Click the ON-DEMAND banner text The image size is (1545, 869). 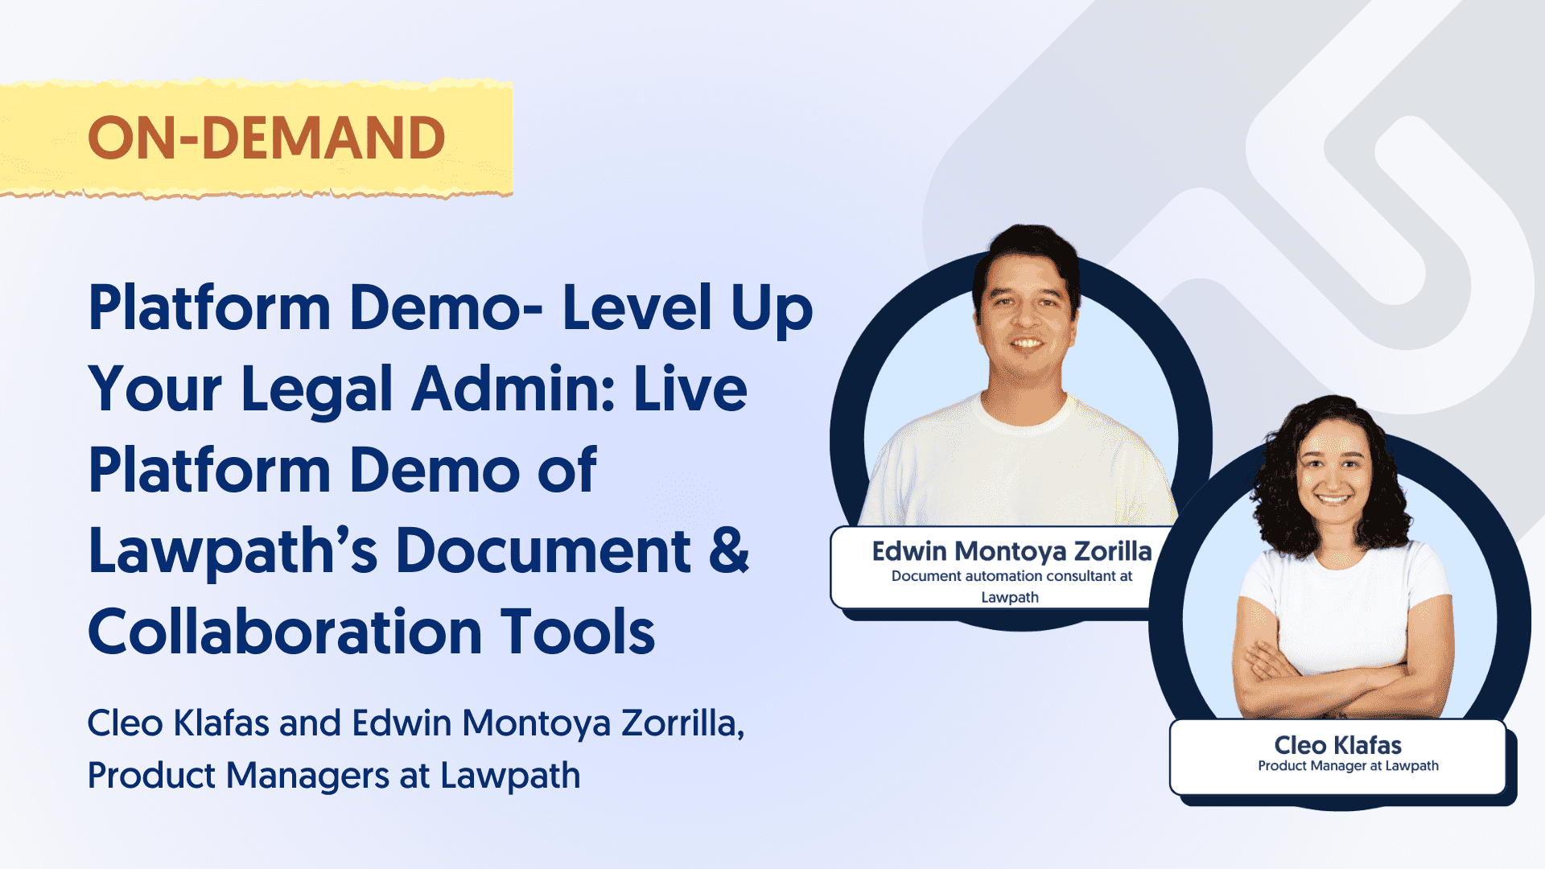point(266,138)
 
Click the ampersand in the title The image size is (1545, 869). point(729,551)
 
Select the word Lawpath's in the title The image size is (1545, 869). point(233,553)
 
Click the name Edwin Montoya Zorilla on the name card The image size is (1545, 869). point(1011,551)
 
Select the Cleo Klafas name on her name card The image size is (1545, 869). point(1337,745)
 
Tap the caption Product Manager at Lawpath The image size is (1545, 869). point(1348,766)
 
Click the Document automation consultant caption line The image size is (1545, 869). point(1011,576)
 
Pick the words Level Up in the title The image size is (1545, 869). point(687,307)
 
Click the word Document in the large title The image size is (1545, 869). point(543,551)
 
